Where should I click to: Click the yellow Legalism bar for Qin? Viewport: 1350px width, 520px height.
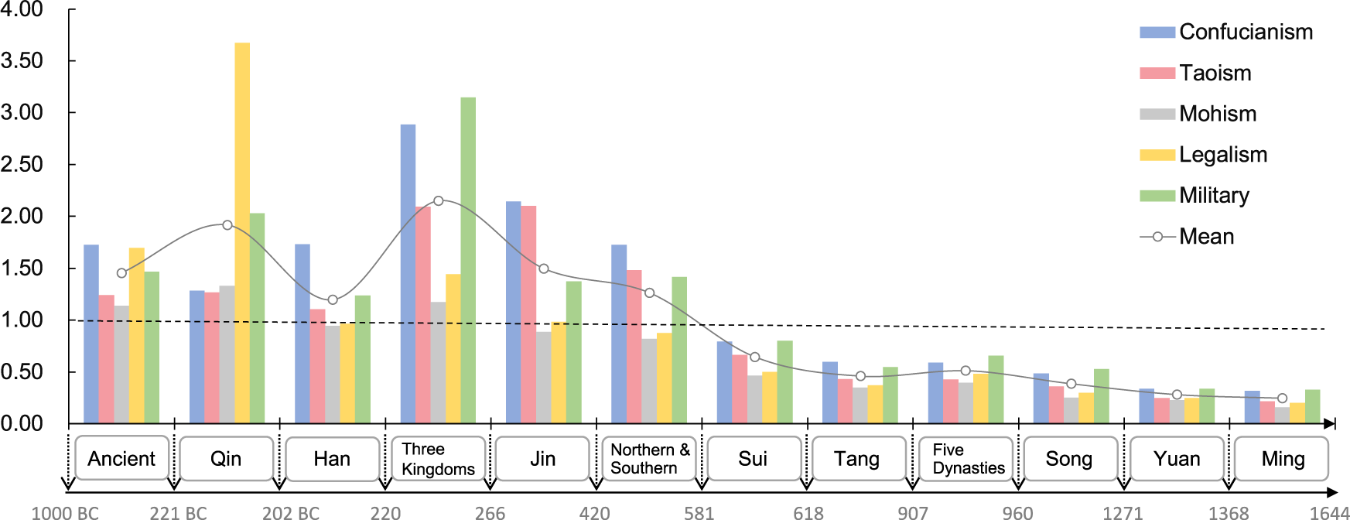point(242,232)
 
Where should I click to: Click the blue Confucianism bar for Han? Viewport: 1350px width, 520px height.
point(302,334)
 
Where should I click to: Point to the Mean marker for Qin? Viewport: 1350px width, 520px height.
point(227,225)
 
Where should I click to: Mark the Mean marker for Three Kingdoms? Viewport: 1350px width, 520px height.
point(439,201)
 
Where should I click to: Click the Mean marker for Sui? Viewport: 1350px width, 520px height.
point(755,357)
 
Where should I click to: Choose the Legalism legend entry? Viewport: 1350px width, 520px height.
point(1222,155)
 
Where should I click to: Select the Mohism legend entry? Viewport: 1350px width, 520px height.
point(1217,114)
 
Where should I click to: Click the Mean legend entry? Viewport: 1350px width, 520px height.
point(1205,237)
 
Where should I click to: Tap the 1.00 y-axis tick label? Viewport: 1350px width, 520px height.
point(22,320)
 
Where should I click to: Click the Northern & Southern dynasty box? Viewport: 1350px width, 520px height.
point(649,459)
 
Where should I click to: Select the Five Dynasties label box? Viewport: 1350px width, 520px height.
point(967,459)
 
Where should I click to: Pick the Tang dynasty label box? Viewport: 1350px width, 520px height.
point(857,459)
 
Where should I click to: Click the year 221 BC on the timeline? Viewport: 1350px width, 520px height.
point(178,512)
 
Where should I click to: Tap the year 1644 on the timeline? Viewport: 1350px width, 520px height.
point(1328,512)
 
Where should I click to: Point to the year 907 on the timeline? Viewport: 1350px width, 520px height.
point(912,512)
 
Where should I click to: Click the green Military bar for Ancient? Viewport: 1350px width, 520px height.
point(152,347)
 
